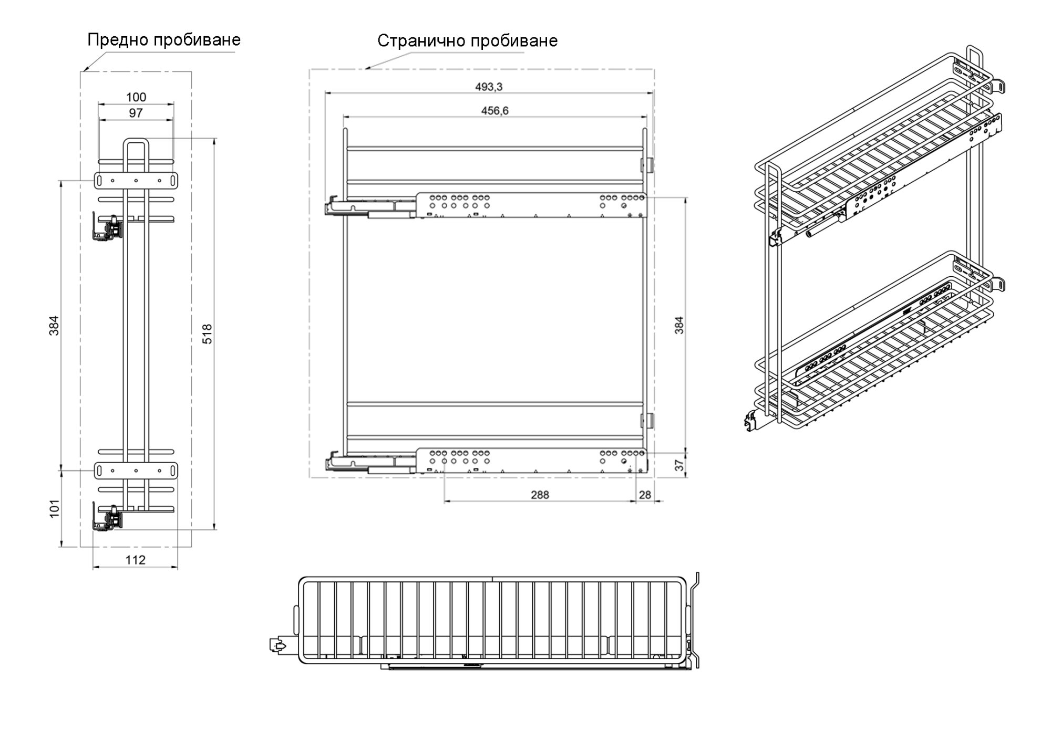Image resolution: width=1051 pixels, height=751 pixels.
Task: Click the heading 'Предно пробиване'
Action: (164, 40)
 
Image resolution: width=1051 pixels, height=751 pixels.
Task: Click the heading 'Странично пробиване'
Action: (468, 41)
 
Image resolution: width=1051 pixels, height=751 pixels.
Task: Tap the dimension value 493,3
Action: (489, 87)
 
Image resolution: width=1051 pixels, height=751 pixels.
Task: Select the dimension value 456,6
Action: (494, 111)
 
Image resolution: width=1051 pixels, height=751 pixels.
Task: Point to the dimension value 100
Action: (136, 97)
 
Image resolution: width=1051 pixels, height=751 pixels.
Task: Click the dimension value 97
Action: (136, 113)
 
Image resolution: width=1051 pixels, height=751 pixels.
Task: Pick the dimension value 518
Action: (208, 334)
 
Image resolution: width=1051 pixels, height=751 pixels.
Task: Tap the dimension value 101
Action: (55, 509)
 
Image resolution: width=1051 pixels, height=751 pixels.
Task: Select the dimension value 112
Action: (135, 560)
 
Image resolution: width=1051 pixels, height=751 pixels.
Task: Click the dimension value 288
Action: (540, 495)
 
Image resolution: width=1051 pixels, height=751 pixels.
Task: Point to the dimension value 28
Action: (645, 495)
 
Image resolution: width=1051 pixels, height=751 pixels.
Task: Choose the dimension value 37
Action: (679, 465)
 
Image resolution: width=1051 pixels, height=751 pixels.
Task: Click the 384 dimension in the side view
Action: (679, 325)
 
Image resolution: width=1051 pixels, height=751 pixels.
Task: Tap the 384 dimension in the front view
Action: (55, 325)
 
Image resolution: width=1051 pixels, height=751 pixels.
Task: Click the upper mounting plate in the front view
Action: (136, 180)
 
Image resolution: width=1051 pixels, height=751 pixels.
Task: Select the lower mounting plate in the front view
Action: (136, 471)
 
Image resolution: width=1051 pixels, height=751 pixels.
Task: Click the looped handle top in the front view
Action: (136, 141)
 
